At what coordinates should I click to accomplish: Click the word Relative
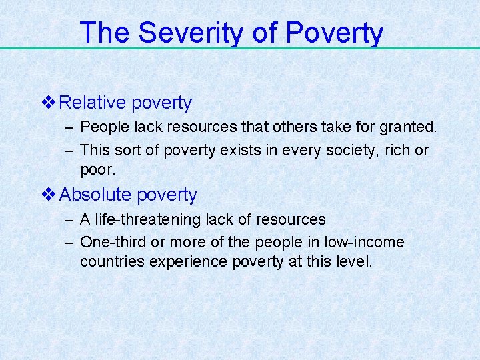(x=93, y=103)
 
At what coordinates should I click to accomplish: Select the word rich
(x=396, y=151)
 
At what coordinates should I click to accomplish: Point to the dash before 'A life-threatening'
(x=68, y=219)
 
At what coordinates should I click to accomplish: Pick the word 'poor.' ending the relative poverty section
(x=98, y=169)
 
